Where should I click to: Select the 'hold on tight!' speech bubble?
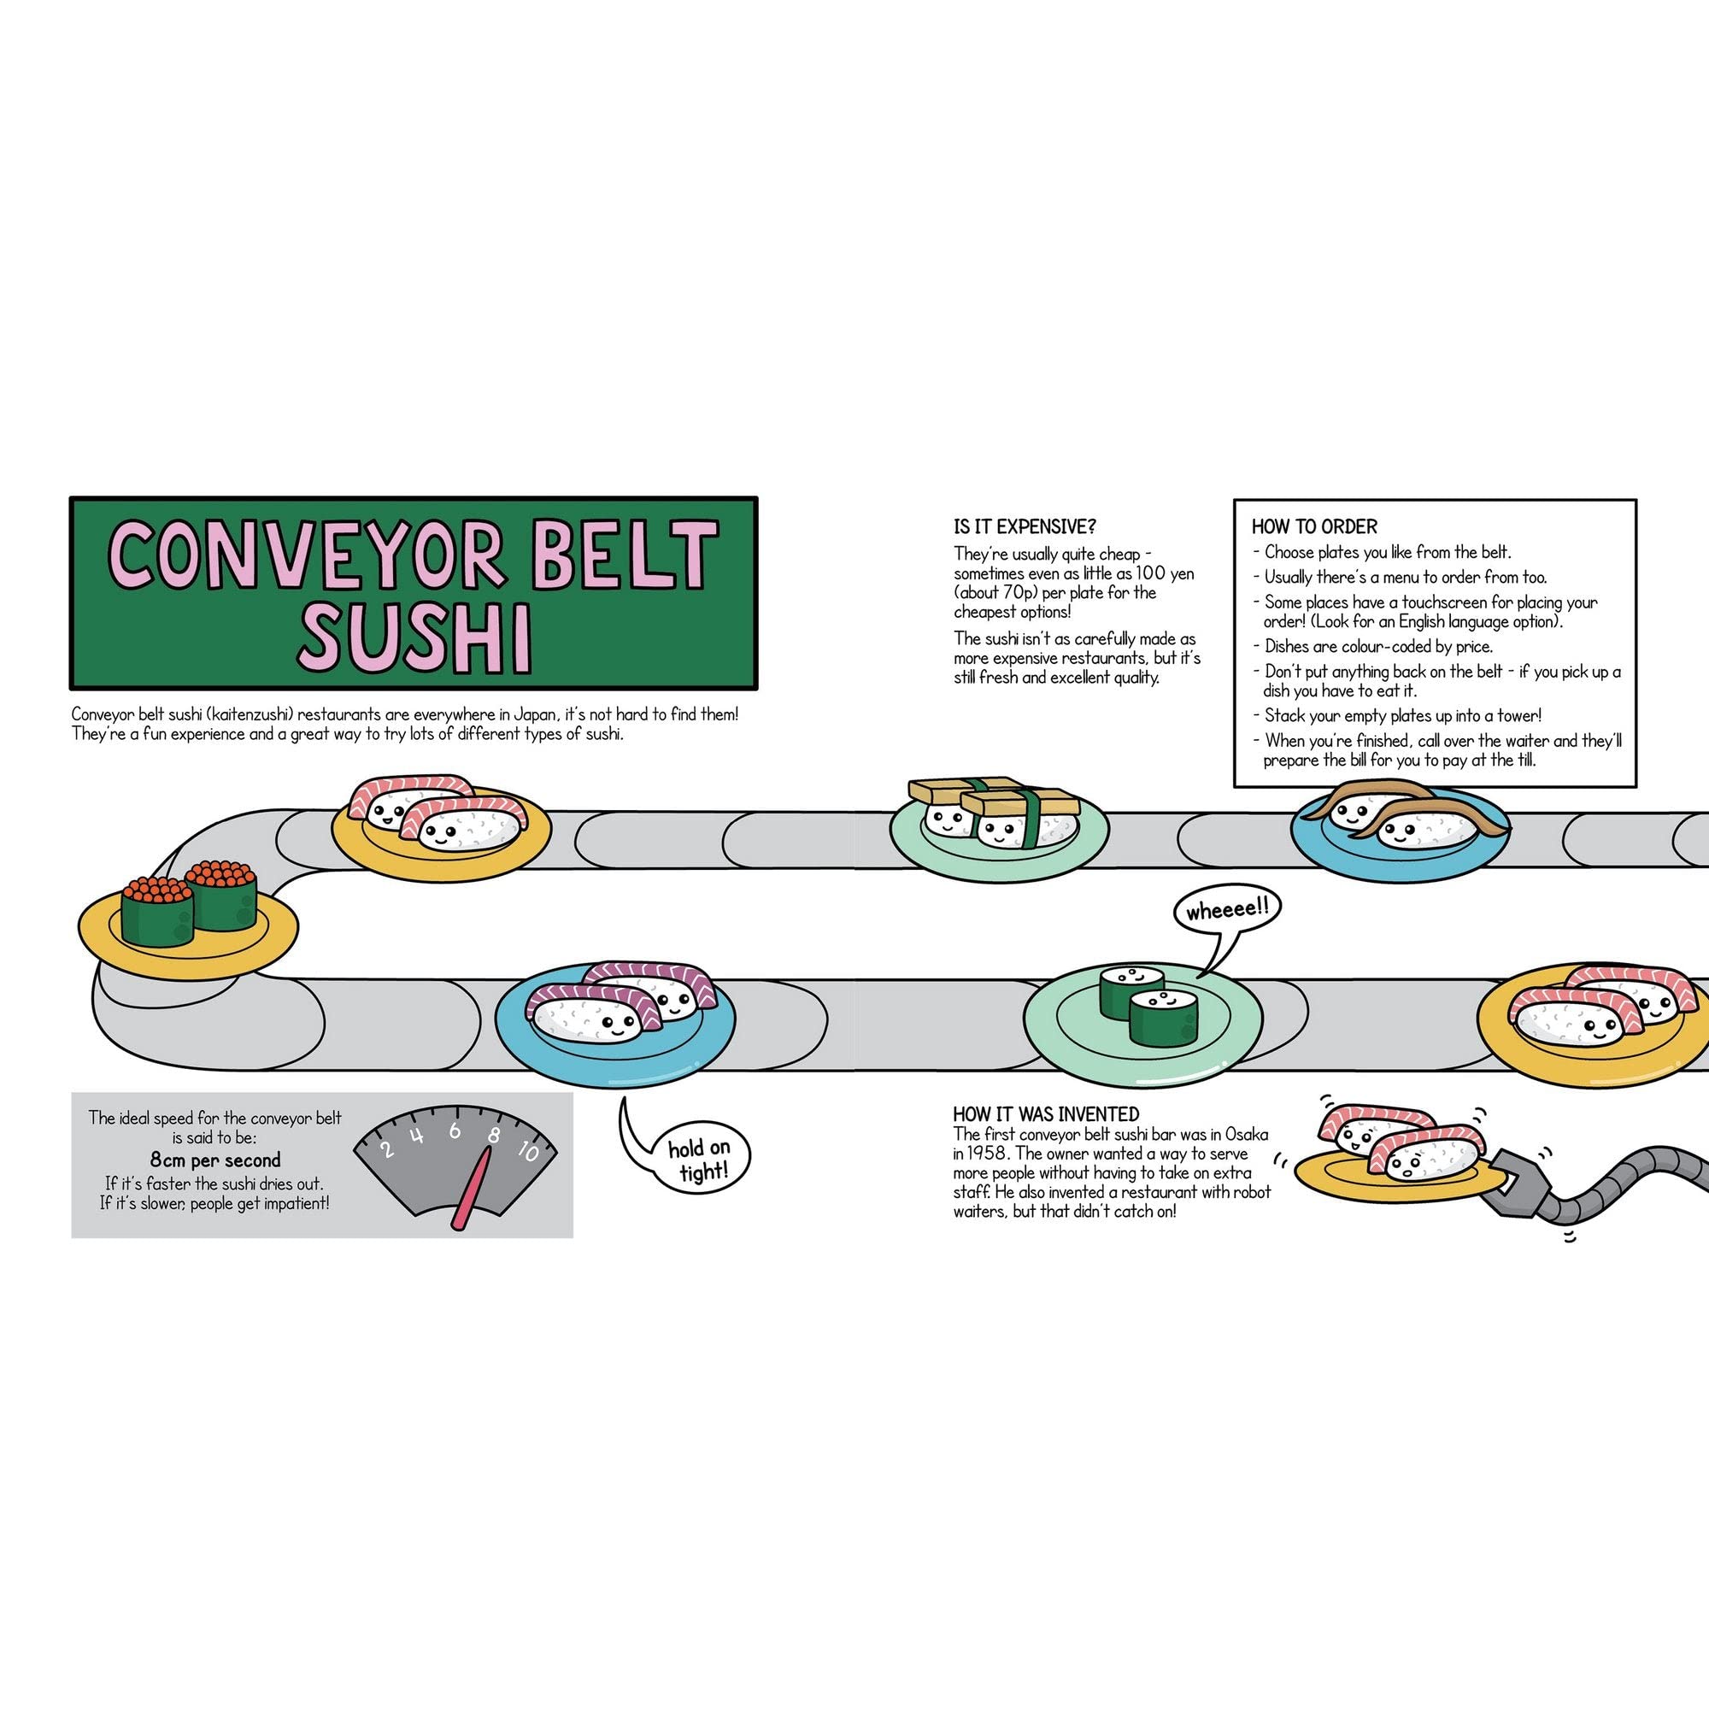[699, 1160]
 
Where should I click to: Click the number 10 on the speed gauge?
[528, 1151]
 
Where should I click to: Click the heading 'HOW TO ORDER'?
[1313, 527]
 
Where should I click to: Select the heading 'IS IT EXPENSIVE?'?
[1025, 527]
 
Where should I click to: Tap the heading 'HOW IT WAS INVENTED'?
[1046, 1113]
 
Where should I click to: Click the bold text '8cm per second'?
[215, 1160]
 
